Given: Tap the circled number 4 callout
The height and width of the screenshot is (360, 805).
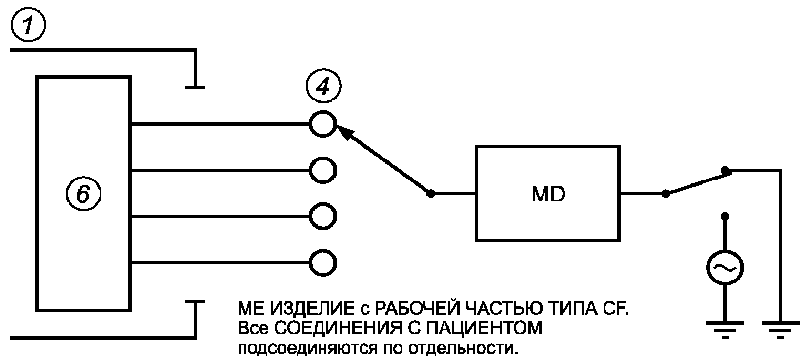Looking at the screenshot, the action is coord(323,86).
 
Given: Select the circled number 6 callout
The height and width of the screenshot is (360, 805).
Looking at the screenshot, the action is coord(83,194).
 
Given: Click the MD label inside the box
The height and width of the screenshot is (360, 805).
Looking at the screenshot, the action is coord(548,194).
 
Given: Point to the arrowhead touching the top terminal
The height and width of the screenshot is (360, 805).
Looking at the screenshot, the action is coord(343,132).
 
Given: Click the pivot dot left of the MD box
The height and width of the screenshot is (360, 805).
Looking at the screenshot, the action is coord(430,194).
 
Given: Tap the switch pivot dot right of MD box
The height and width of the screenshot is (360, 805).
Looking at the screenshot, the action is coord(665,194).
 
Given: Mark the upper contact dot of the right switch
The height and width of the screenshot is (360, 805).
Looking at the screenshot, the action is coord(725,170).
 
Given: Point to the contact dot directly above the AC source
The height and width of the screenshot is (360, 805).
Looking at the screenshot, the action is coord(725,216).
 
